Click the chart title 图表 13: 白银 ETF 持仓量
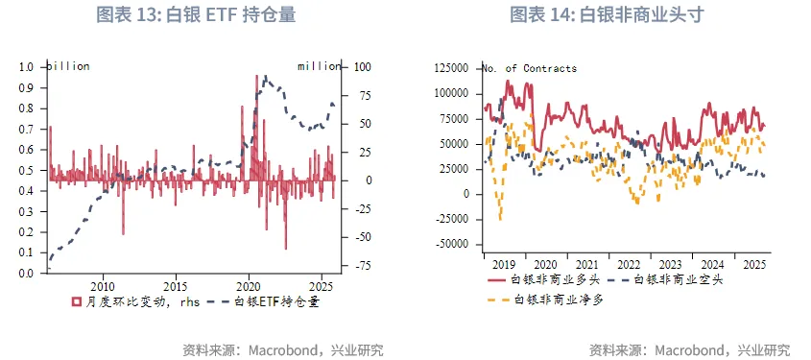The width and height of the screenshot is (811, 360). click(x=196, y=14)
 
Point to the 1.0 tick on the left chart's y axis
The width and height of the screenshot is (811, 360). click(x=27, y=67)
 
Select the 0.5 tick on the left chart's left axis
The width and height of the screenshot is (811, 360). click(x=27, y=170)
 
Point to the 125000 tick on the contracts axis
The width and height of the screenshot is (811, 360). click(x=451, y=68)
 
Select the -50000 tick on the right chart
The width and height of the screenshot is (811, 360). click(x=451, y=244)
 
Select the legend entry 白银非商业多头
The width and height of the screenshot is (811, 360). click(x=554, y=279)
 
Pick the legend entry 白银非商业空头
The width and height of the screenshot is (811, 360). click(x=682, y=279)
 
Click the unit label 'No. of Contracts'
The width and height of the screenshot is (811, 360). click(x=529, y=68)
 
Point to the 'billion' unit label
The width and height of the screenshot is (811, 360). click(x=68, y=66)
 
